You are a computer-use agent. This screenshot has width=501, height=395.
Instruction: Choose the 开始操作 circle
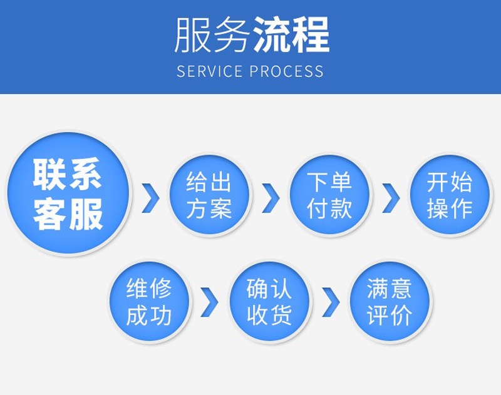pos(450,195)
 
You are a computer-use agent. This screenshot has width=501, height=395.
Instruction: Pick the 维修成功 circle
pos(149,301)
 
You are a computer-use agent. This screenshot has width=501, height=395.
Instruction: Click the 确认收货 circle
pos(269,301)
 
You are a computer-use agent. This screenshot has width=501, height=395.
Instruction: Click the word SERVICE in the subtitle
pos(210,71)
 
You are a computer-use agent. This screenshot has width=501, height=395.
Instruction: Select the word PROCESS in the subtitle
pos(287,71)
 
